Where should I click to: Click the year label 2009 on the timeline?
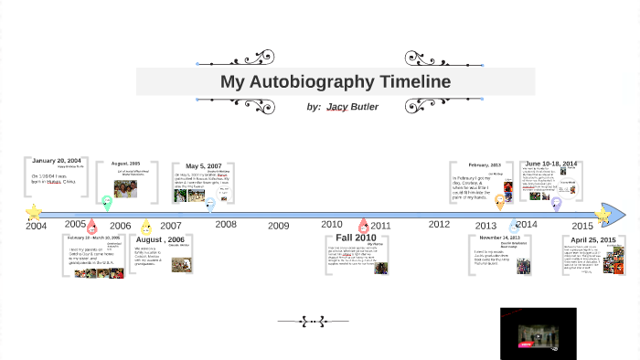[278, 226]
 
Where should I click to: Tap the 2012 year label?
[439, 224]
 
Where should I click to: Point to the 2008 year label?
[226, 224]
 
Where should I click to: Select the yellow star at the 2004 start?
[34, 213]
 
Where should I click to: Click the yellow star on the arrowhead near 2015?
[603, 216]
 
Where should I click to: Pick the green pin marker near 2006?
[107, 204]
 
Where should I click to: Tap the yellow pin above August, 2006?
[146, 227]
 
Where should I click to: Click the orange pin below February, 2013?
[500, 203]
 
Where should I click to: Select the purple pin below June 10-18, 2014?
[556, 204]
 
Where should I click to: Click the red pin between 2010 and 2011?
[364, 225]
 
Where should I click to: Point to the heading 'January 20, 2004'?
[57, 161]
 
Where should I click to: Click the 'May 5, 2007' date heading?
[203, 166]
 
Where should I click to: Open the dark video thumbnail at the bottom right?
[538, 333]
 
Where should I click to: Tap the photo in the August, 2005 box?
[125, 188]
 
